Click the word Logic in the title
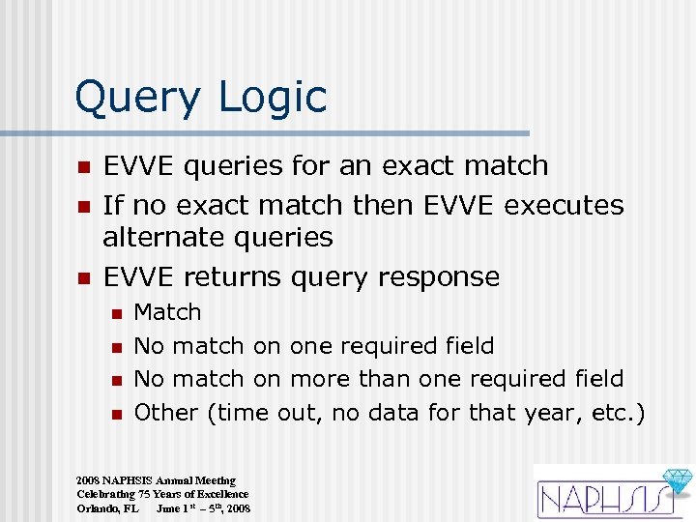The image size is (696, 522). coord(281,99)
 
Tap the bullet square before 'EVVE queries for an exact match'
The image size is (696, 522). coord(84,167)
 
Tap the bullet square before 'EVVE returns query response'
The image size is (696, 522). coord(84,278)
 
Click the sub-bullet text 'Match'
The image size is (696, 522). coord(167,312)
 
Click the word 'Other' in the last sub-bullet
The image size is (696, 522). coord(165,412)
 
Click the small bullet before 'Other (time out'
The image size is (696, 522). coord(116,414)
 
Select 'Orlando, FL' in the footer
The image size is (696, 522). coord(107,507)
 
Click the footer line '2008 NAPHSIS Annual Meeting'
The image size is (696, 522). coord(156,480)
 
